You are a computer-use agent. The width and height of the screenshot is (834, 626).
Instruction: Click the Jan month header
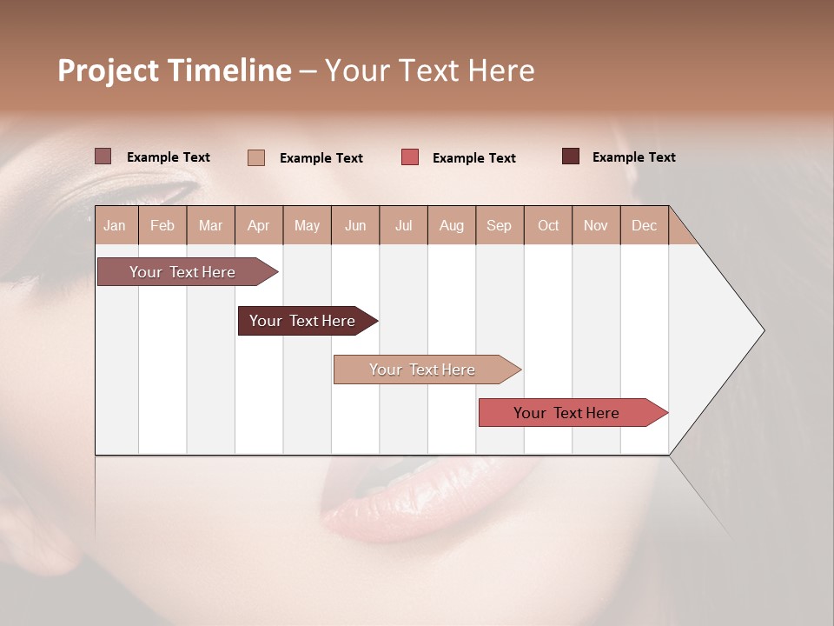115,226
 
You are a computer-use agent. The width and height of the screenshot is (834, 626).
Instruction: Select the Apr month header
258,226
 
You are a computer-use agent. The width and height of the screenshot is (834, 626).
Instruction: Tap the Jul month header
403,226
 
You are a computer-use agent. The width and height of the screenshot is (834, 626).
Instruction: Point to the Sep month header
499,226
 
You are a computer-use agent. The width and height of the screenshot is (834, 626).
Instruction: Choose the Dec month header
644,226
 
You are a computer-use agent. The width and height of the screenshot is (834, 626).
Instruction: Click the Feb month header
162,226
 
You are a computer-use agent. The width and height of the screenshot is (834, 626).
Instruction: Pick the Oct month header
548,226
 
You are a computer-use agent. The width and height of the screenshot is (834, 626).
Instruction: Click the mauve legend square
103,156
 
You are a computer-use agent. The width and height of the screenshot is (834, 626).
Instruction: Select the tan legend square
256,157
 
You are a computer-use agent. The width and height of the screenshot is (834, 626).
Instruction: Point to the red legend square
410,157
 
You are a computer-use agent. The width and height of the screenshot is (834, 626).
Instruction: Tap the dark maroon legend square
571,156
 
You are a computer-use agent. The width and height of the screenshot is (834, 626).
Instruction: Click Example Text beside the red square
474,158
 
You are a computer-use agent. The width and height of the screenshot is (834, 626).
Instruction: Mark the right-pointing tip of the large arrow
763,330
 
